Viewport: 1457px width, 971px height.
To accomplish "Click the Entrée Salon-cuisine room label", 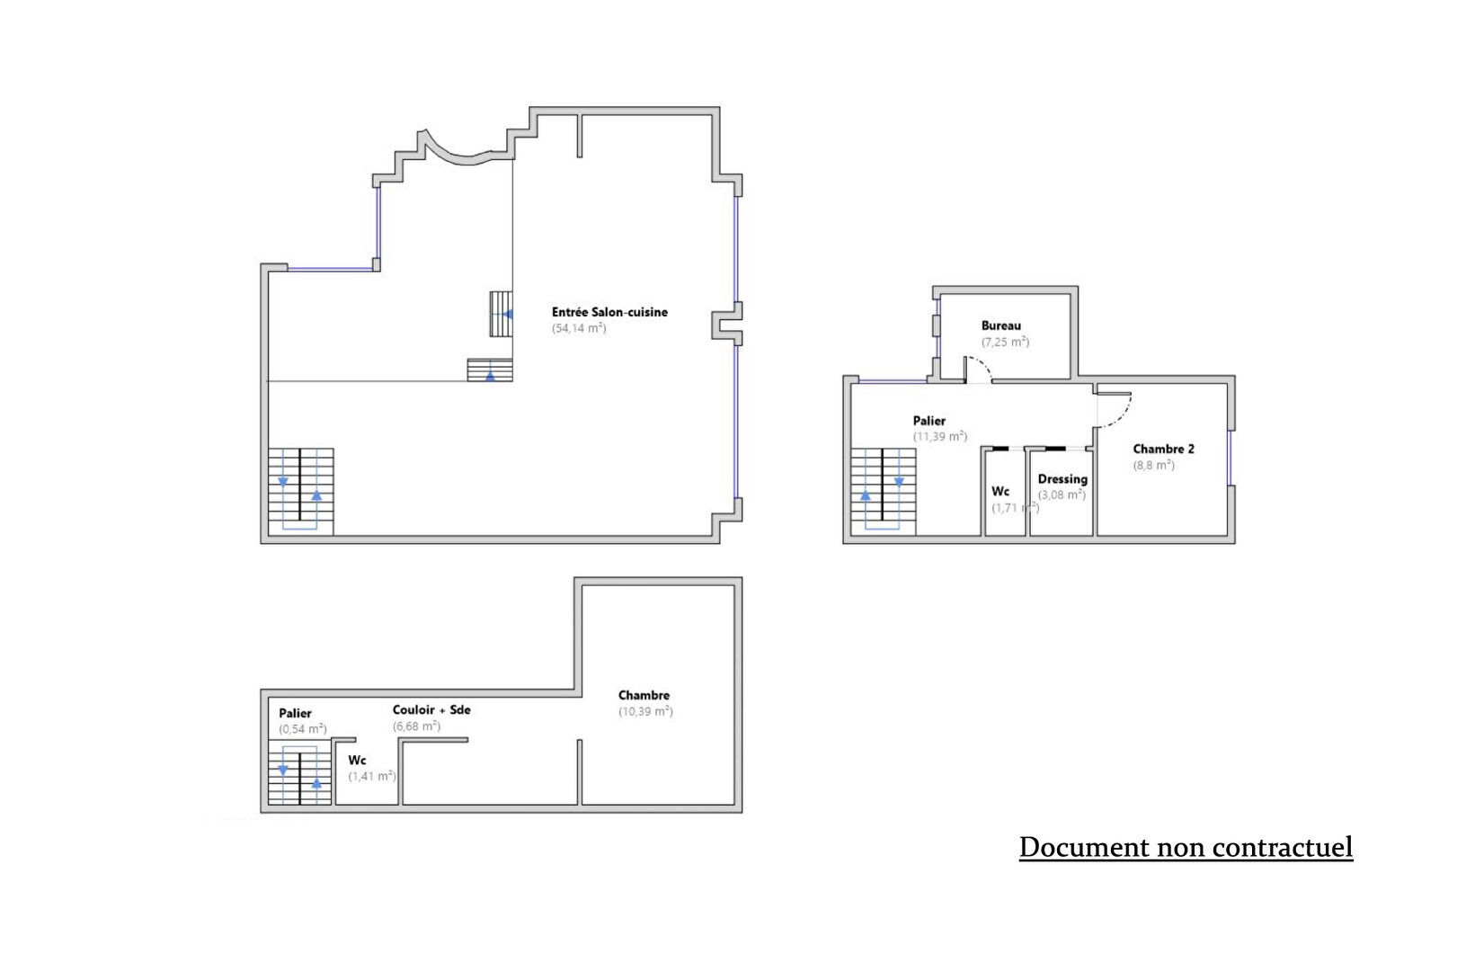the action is pyautogui.click(x=609, y=312).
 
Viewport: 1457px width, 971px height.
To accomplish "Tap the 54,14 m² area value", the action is pyautogui.click(x=579, y=328).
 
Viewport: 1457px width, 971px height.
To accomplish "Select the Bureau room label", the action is pyautogui.click(x=1001, y=325).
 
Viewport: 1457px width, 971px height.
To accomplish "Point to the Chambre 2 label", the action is pyautogui.click(x=1164, y=449).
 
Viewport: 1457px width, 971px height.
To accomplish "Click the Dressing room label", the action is pyautogui.click(x=1062, y=479).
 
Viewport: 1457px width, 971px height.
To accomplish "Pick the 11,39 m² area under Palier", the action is pyautogui.click(x=940, y=437).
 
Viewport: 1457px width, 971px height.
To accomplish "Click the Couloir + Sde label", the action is pyautogui.click(x=431, y=710).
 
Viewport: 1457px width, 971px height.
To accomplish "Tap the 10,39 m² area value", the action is pyautogui.click(x=645, y=711).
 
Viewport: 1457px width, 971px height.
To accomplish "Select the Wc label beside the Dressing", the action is pyautogui.click(x=1000, y=492).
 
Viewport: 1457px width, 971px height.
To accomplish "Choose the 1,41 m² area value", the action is pyautogui.click(x=372, y=776).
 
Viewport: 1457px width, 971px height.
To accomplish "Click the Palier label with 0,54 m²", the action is pyautogui.click(x=296, y=713).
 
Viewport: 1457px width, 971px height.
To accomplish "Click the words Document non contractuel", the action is pyautogui.click(x=1186, y=847).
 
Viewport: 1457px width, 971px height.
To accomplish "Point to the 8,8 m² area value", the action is pyautogui.click(x=1154, y=465).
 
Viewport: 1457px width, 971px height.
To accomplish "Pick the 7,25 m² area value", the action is pyautogui.click(x=1006, y=342).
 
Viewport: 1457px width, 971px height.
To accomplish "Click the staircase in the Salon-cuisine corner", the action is pyautogui.click(x=300, y=492).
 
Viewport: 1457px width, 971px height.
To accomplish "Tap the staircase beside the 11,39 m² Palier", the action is pyautogui.click(x=884, y=492).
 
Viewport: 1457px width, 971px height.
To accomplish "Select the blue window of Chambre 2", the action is pyautogui.click(x=1230, y=458).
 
